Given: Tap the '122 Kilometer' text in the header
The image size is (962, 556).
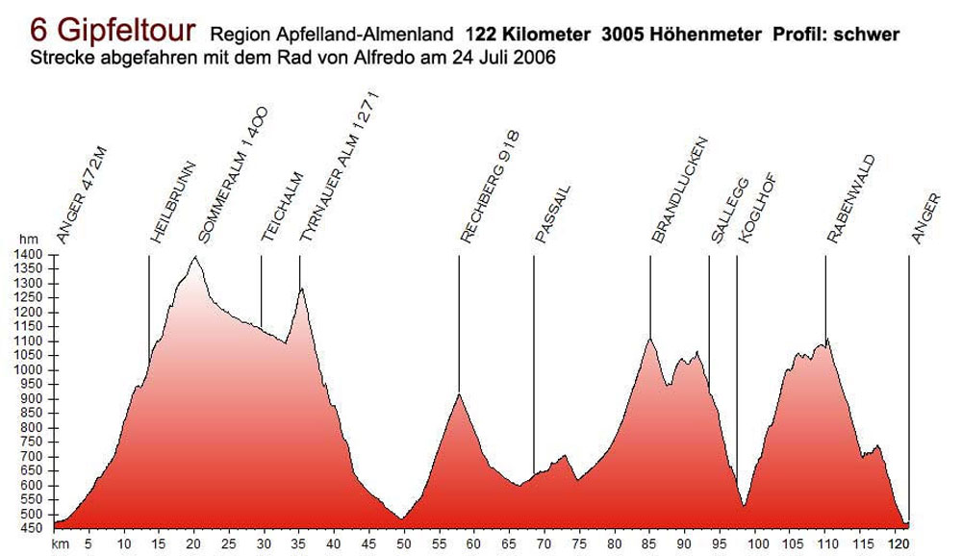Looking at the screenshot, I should point(527,35).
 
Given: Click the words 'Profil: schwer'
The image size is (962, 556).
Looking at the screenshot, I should point(836,35).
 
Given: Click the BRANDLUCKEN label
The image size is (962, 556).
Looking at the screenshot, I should point(679,191).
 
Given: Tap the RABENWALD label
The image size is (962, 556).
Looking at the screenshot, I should point(850,199).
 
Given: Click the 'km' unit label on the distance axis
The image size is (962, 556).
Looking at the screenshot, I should point(60,543).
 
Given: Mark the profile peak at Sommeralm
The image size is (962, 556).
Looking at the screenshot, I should point(195,257).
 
